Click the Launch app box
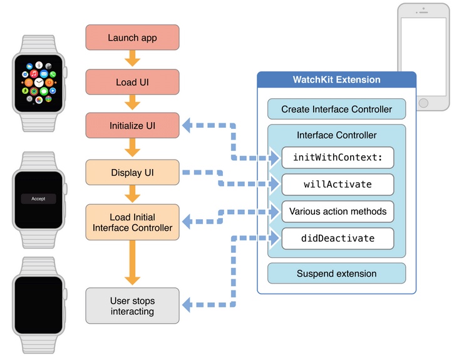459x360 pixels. [132, 38]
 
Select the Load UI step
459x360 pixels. [132, 82]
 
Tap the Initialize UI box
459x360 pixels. [132, 126]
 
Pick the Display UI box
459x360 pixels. [132, 172]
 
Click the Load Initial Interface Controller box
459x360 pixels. [132, 222]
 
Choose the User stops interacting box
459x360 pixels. [132, 306]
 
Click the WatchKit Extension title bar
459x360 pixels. [336, 80]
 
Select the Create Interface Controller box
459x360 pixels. [336, 109]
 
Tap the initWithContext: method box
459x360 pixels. [338, 158]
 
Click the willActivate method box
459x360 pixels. [338, 185]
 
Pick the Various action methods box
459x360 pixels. [338, 212]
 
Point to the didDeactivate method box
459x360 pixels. [338, 239]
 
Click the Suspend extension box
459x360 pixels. [336, 274]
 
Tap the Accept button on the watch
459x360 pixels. [38, 198]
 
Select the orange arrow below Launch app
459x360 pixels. [132, 59]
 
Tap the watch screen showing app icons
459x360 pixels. [38, 82]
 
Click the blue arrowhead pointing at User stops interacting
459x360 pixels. [187, 306]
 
